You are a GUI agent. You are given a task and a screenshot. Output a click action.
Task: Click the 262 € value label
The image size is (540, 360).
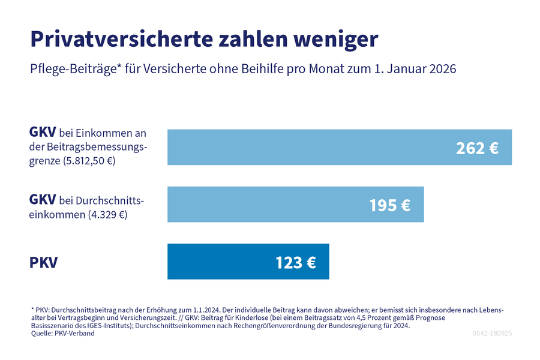477,148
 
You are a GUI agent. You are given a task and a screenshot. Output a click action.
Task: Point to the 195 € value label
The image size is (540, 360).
389,205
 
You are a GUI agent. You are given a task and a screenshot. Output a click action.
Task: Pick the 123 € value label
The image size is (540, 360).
295,262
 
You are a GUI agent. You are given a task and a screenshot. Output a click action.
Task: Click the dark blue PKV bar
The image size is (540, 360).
228,262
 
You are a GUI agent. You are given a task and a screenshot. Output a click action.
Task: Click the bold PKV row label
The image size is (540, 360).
44,262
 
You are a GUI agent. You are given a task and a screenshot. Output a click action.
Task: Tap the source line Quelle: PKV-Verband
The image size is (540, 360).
62,333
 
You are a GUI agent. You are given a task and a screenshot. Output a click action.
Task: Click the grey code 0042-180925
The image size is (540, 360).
491,333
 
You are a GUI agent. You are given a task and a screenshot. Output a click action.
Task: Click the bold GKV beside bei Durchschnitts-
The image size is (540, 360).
43,199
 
